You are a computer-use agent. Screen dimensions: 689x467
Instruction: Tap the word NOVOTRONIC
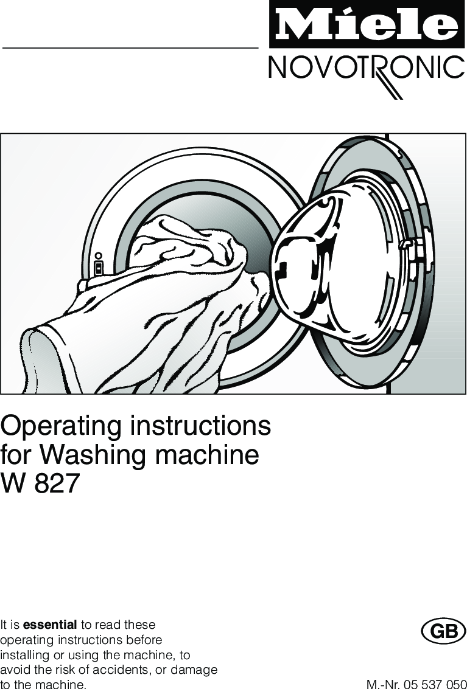pos(365,68)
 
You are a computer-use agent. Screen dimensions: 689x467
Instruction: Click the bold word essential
pos(50,625)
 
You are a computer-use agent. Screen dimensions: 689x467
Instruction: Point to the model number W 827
pos(40,485)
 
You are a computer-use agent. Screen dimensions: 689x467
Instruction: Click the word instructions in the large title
pos(201,426)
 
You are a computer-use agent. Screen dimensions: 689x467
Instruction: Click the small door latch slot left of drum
pos(99,266)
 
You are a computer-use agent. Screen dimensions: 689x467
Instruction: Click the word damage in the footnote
pos(195,670)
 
